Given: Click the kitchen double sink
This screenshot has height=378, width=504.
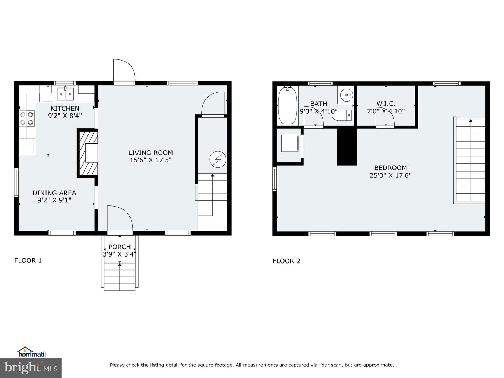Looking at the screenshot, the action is [x=65, y=94].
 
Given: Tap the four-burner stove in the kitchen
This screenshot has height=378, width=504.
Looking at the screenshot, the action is [x=27, y=118].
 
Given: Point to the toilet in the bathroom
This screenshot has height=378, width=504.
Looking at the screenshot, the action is [x=342, y=115].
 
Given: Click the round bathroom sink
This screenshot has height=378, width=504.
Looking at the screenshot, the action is [x=346, y=95].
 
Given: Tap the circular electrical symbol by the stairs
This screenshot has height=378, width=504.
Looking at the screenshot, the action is [x=218, y=159].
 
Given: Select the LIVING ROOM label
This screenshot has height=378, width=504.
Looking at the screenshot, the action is [x=150, y=153].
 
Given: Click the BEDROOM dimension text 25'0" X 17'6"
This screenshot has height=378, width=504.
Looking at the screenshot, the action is [x=390, y=175].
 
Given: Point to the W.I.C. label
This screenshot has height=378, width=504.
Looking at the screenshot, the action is [x=386, y=104].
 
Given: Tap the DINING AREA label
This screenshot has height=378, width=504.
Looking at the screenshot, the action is [x=54, y=193].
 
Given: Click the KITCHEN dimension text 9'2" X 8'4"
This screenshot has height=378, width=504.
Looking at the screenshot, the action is [x=65, y=115].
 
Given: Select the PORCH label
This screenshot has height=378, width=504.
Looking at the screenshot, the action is [x=120, y=247].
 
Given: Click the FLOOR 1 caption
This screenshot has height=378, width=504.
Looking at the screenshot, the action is [x=28, y=260].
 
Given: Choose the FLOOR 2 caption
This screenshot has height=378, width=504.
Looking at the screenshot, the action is [x=286, y=261].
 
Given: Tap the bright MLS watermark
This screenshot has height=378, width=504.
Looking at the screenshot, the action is [x=31, y=368].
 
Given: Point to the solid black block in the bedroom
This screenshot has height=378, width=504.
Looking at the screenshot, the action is [x=347, y=146].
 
